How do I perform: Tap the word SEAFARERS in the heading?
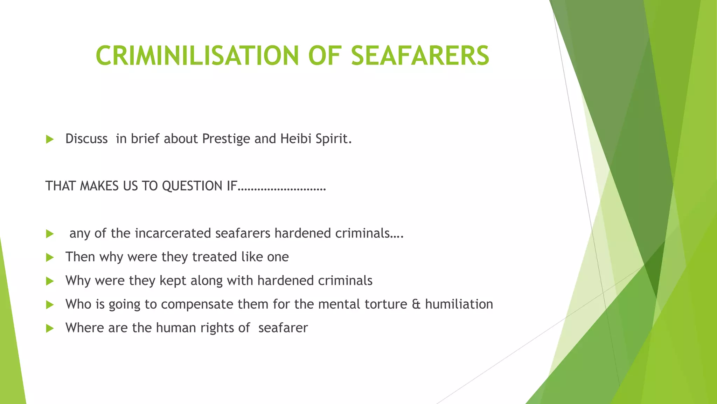click(x=420, y=56)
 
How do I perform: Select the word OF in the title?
click(x=325, y=56)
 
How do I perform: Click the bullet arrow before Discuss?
click(x=50, y=140)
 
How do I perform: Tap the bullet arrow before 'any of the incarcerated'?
click(x=50, y=234)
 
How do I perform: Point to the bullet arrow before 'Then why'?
click(x=50, y=258)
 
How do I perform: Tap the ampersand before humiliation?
click(x=416, y=304)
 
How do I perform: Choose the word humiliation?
click(x=459, y=304)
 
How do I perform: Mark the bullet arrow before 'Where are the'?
click(x=50, y=329)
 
